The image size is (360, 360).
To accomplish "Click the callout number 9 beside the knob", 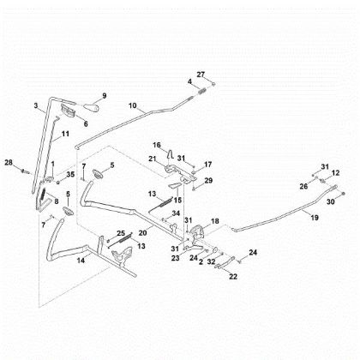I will [x=104, y=94].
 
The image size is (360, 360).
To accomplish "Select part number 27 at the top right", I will [x=201, y=75].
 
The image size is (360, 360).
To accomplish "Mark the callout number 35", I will [x=71, y=174].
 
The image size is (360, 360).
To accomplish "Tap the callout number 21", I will [x=153, y=159].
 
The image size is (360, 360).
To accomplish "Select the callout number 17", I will [x=208, y=163].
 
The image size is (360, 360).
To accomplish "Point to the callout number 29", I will [x=208, y=181].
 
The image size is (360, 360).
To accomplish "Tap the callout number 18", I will [x=215, y=221].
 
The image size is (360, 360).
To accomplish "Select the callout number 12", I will [x=335, y=173].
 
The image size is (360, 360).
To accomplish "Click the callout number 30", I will [x=329, y=201].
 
